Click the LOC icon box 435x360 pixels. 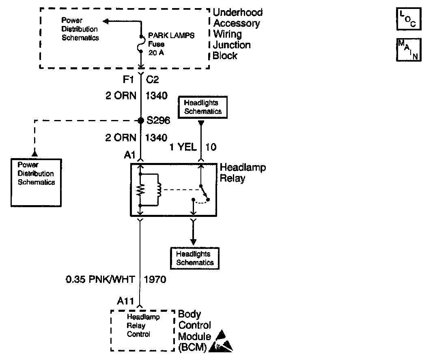coord(409,19)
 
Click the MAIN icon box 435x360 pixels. coord(409,49)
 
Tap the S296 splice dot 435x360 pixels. coord(141,120)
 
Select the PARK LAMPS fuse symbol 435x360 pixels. coord(141,43)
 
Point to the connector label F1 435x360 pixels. coord(129,79)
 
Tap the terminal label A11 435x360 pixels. coord(126,301)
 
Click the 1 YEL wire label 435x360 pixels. coord(183,147)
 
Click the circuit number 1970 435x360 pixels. coord(155,279)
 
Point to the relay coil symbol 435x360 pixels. coord(158,190)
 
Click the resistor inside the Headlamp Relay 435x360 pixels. coord(140,190)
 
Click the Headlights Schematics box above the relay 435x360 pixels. coord(203,107)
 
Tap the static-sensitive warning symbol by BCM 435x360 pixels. coord(223,341)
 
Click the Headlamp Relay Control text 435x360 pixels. coord(143,326)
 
